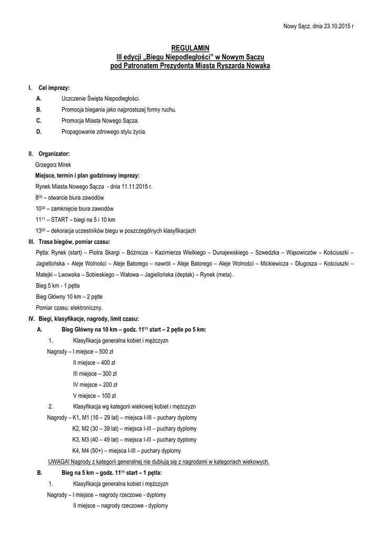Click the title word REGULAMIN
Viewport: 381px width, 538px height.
190,48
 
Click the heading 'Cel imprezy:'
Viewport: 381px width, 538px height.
54,87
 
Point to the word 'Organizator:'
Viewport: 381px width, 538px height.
54,153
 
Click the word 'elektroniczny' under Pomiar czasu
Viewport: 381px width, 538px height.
85,307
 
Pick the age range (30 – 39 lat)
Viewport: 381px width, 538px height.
104,429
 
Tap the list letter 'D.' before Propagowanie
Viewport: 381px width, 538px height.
39,131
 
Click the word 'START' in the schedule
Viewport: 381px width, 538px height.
56,220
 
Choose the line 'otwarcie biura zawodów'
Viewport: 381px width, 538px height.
77,198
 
